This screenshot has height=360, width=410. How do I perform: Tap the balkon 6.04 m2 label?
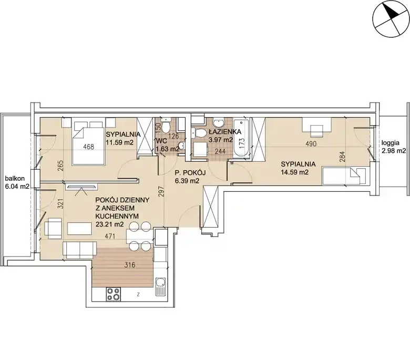pyautogui.click(x=17, y=182)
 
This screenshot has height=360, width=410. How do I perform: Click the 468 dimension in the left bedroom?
pyautogui.click(x=89, y=147)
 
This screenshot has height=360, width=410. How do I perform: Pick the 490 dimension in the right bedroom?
pyautogui.click(x=311, y=143)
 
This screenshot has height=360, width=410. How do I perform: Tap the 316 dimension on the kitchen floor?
pyautogui.click(x=129, y=265)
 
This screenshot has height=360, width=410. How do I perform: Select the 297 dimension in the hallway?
pyautogui.click(x=161, y=192)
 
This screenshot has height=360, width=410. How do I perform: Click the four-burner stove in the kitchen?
pyautogui.click(x=113, y=294)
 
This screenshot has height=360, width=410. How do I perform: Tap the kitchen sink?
pyautogui.click(x=160, y=286)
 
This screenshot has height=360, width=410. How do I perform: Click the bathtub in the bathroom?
pyautogui.click(x=241, y=138)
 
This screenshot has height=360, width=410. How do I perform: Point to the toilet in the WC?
pyautogui.click(x=165, y=126)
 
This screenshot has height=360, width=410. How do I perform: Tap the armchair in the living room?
pyautogui.click(x=53, y=228)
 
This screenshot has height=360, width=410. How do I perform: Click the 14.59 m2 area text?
pyautogui.click(x=295, y=172)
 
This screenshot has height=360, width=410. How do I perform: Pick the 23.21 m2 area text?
pyautogui.click(x=109, y=224)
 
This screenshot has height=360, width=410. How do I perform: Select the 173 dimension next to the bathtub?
pyautogui.click(x=242, y=143)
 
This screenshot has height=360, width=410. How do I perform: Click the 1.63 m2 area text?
pyautogui.click(x=168, y=149)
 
